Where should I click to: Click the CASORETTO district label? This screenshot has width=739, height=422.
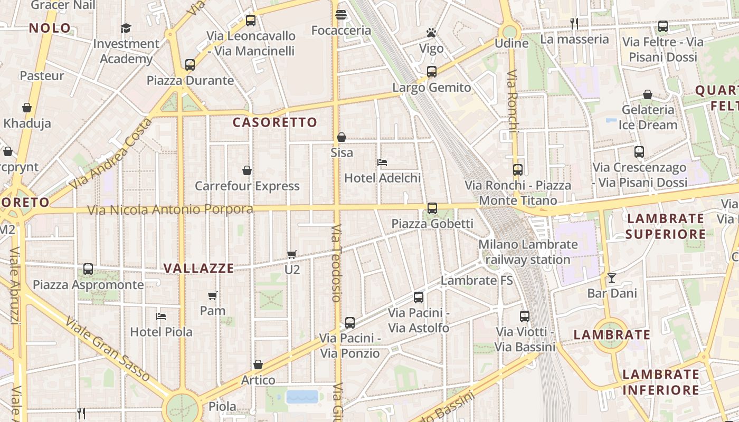click(275, 122)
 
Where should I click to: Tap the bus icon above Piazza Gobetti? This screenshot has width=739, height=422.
click(432, 208)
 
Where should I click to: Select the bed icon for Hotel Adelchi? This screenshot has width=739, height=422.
click(382, 162)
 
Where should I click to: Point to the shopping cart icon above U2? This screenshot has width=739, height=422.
click(292, 254)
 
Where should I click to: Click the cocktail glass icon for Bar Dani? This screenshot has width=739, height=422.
click(612, 277)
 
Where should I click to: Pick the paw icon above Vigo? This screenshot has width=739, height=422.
click(431, 33)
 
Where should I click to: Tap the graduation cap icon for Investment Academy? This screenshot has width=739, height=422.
click(126, 28)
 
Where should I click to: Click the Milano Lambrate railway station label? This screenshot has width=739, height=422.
click(528, 252)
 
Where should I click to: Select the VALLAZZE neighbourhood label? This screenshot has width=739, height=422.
click(198, 268)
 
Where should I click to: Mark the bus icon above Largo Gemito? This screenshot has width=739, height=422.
click(432, 72)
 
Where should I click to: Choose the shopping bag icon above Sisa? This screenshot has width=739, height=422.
click(342, 137)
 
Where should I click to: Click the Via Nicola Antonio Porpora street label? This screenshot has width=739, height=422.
click(170, 210)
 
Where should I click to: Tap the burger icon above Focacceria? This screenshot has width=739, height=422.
click(340, 15)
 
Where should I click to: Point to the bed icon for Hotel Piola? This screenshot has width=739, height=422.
click(162, 316)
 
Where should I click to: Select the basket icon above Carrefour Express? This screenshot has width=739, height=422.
click(247, 170)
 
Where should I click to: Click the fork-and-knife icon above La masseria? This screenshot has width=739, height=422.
click(574, 23)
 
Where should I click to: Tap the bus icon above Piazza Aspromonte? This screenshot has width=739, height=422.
click(88, 269)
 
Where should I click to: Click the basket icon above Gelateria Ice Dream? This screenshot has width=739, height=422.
click(648, 94)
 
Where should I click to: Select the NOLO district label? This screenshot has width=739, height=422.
click(50, 28)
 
